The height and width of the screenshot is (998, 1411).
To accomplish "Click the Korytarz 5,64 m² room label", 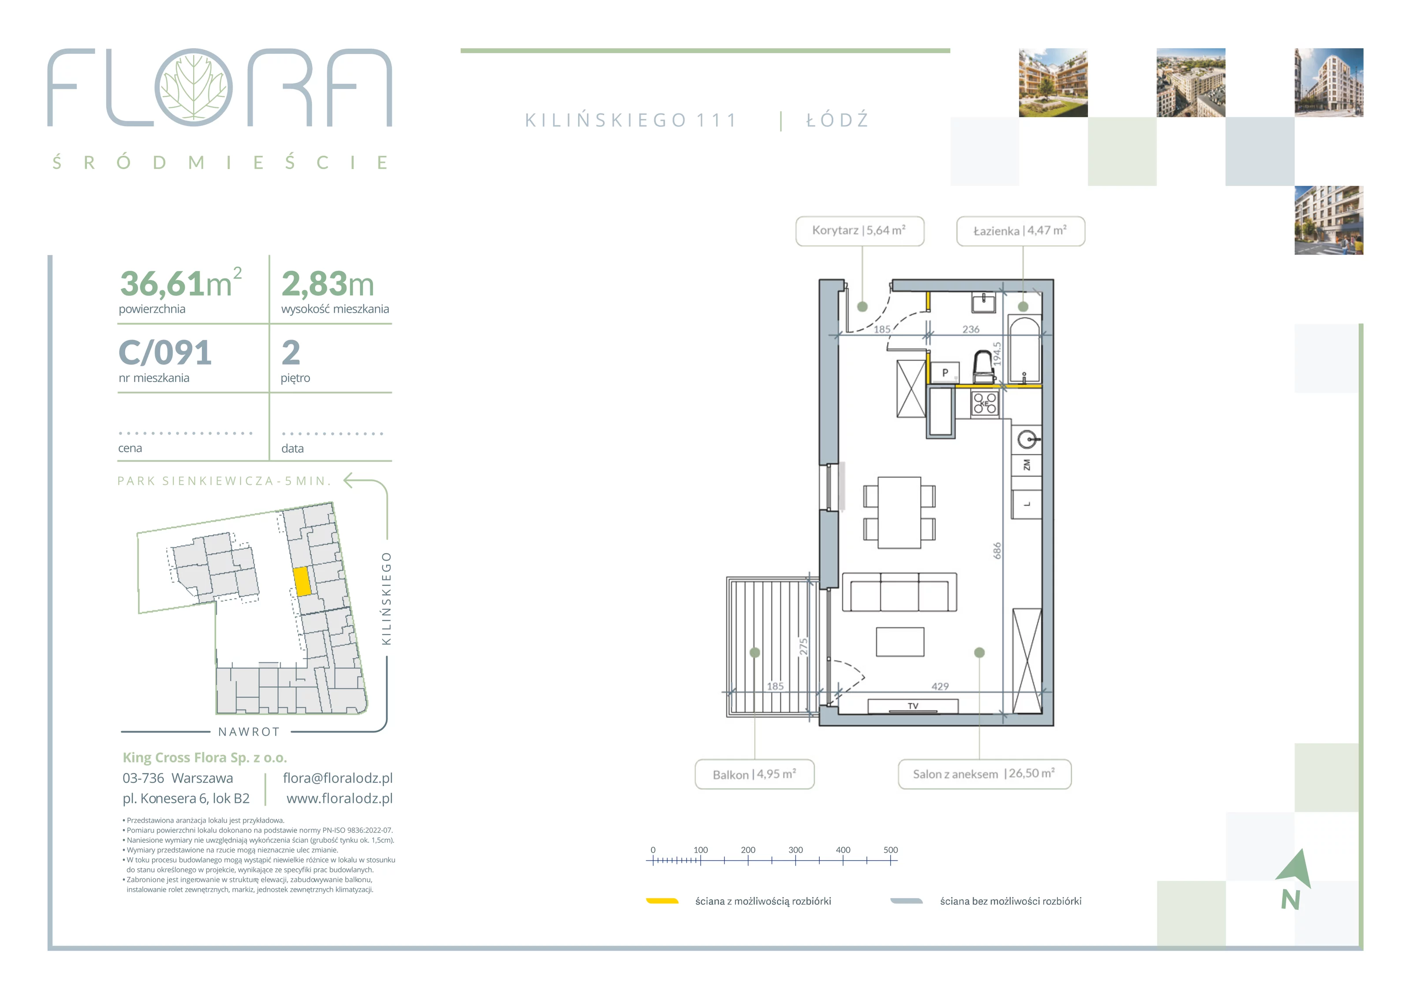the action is (859, 231).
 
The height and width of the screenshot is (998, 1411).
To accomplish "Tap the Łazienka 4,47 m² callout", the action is (1020, 231).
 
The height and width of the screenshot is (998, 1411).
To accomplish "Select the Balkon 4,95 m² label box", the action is (754, 774).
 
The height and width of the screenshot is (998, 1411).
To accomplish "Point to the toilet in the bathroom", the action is (983, 367).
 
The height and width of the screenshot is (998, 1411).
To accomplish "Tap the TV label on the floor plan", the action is (913, 706).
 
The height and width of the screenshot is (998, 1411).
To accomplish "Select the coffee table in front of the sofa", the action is (900, 642).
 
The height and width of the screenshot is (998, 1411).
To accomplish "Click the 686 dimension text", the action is (997, 551).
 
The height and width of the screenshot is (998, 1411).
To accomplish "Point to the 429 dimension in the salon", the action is (940, 686).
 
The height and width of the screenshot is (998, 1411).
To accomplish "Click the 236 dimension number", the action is (971, 330).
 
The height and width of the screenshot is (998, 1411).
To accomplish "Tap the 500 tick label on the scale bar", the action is (891, 850).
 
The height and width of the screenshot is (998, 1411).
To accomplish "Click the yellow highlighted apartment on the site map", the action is (302, 581).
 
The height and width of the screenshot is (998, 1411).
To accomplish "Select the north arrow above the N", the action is (1295, 869).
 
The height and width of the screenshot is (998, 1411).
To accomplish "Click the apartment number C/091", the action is (165, 353).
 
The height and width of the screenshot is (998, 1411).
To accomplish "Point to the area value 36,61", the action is (162, 284).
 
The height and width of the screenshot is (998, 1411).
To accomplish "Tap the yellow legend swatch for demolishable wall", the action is (662, 901).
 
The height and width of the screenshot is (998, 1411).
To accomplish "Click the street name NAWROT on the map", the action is (249, 732).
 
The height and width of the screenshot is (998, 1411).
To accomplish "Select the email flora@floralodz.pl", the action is (337, 778).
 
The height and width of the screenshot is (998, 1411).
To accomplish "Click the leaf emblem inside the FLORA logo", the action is (194, 87).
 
